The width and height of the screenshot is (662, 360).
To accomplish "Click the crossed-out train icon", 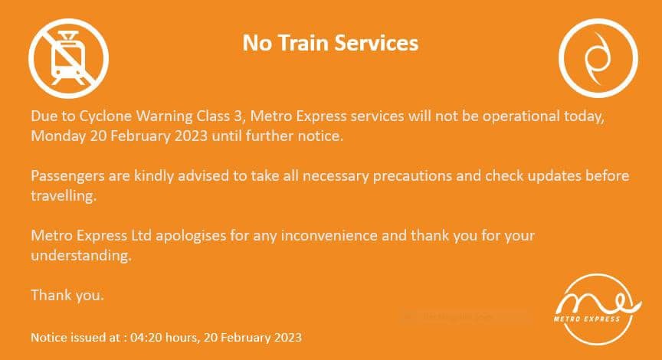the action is click(x=68, y=58).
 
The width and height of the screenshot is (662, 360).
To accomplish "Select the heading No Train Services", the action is click(x=330, y=43).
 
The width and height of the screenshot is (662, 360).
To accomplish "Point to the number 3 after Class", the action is click(x=238, y=116).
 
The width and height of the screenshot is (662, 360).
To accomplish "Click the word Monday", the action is click(x=58, y=136).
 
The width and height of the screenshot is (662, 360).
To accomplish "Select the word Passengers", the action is click(x=67, y=176).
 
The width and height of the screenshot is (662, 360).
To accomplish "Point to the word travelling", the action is click(x=64, y=196).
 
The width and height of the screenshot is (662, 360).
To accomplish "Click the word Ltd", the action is click(x=141, y=235).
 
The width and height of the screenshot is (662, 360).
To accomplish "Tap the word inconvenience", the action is click(x=329, y=235).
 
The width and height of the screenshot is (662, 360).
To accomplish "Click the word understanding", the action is click(x=81, y=256).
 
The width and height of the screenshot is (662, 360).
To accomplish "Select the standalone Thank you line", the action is click(x=67, y=295).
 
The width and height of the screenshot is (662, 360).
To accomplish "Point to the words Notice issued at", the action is click(x=76, y=338).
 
